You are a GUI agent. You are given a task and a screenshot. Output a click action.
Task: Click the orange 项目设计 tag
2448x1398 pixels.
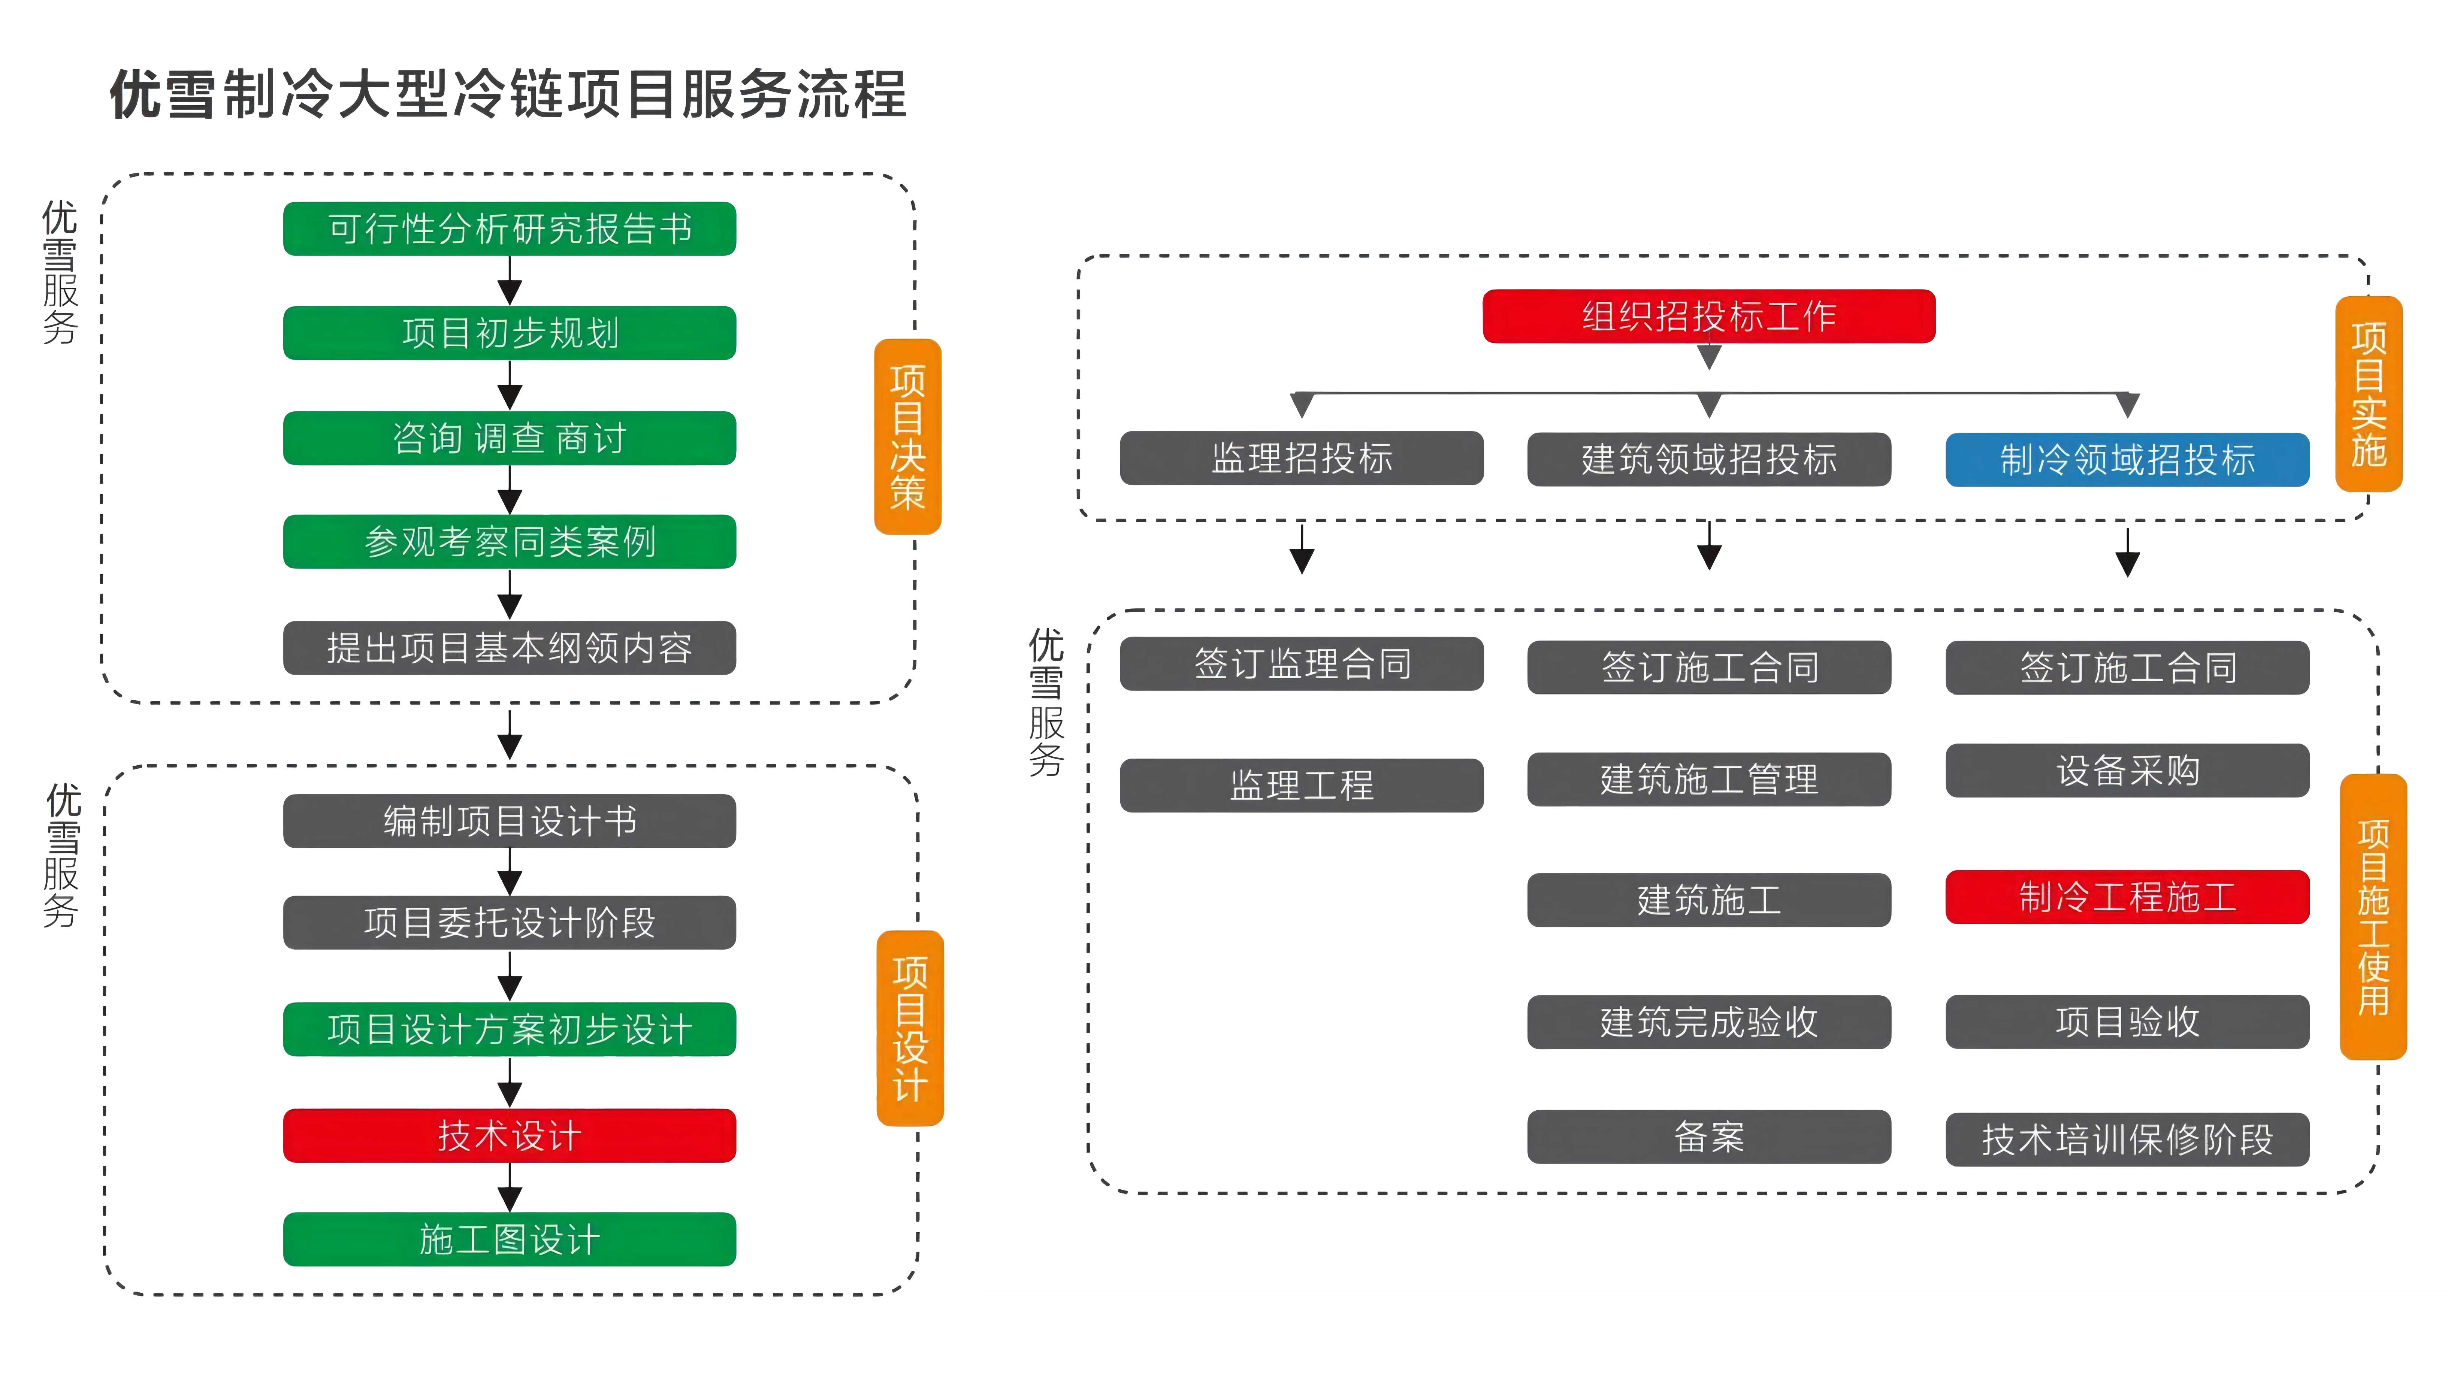tap(909, 1028)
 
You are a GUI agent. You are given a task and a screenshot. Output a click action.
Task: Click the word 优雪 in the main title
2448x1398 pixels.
tap(161, 95)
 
